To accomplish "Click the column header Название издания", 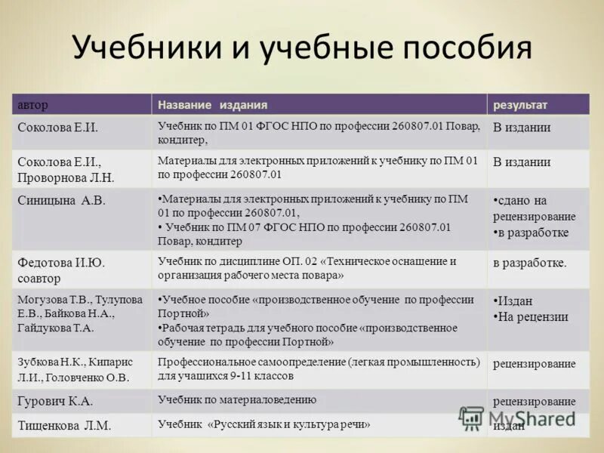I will (x=212, y=104).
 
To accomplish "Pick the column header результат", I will (x=520, y=104).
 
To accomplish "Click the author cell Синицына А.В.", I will (x=61, y=200).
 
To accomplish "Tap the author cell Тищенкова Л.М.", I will (x=64, y=426).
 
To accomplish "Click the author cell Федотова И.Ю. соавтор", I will (x=60, y=269).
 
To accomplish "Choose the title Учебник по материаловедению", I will (x=237, y=399).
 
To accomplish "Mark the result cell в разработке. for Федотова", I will (x=529, y=263).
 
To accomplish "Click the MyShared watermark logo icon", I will (x=472, y=418).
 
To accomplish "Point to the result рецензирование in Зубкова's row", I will (x=534, y=364).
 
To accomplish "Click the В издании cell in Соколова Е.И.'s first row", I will (x=522, y=128).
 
